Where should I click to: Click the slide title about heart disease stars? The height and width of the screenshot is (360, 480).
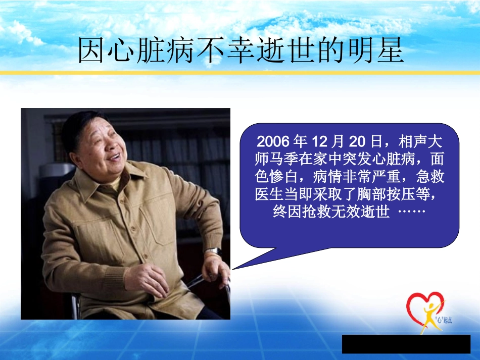241,52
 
